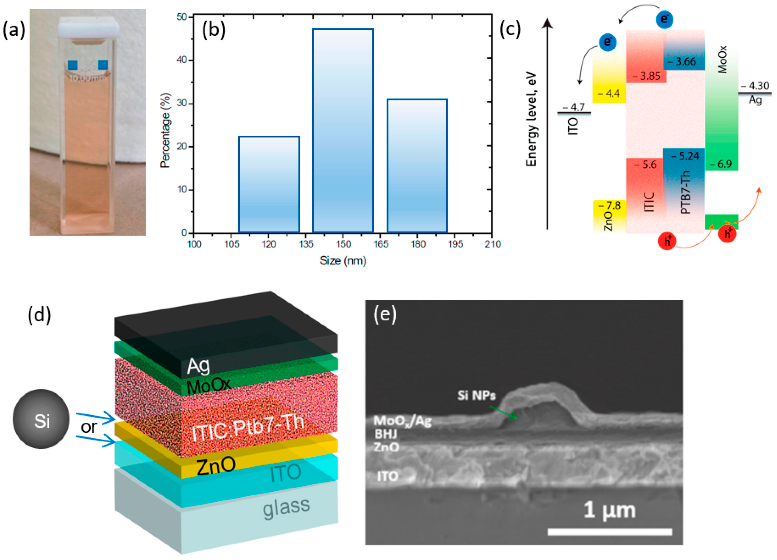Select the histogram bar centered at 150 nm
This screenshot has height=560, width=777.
pyautogui.click(x=343, y=131)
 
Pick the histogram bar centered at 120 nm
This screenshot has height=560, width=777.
pyautogui.click(x=269, y=184)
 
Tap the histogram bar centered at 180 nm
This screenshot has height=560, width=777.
pyautogui.click(x=417, y=166)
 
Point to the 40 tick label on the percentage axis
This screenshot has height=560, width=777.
pyautogui.click(x=182, y=60)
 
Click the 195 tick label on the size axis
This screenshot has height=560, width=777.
pyautogui.click(x=455, y=244)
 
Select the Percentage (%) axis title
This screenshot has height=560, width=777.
pyautogui.click(x=165, y=130)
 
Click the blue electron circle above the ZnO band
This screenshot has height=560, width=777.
pyautogui.click(x=608, y=42)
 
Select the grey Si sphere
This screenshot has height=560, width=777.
pyautogui.click(x=41, y=419)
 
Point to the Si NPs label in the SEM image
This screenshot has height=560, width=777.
pyautogui.click(x=476, y=396)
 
